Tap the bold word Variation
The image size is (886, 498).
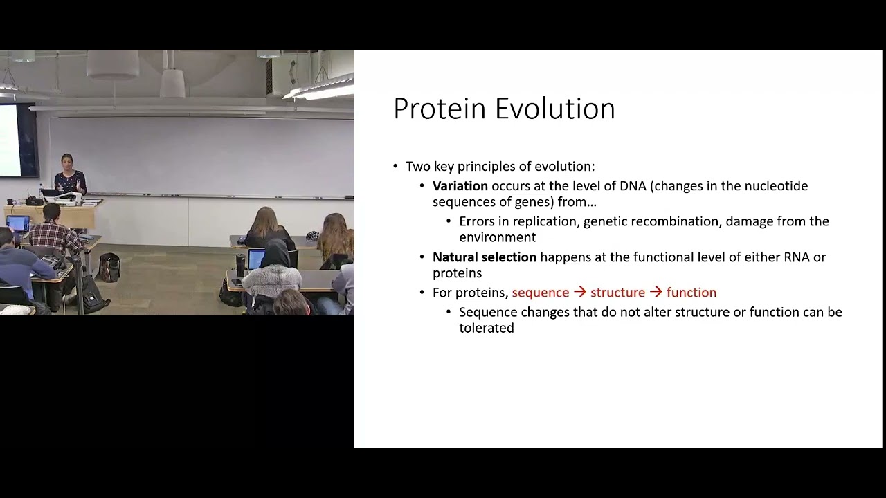460,186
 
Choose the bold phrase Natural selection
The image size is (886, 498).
484,257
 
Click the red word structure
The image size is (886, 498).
617,293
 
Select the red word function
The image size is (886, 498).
691,293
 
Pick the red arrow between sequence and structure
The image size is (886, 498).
579,293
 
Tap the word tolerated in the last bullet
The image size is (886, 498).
486,329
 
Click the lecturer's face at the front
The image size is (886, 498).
67,162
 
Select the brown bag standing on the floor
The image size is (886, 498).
109,267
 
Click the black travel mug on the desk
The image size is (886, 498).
240,264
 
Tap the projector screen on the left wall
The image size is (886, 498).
10,140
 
